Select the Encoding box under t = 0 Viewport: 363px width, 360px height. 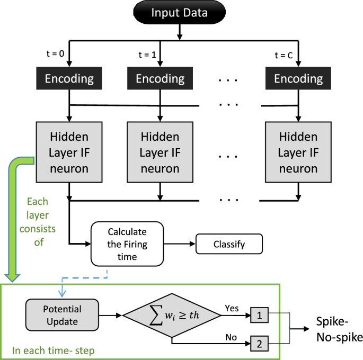coord(69,79)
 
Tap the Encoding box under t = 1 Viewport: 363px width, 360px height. coord(160,79)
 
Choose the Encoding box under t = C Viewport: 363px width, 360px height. coord(298,79)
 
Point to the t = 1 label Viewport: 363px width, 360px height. coord(147,54)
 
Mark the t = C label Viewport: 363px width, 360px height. coord(285,54)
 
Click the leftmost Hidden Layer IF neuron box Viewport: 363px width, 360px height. coord(69,152)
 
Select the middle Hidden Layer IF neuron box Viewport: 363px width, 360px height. coord(160,152)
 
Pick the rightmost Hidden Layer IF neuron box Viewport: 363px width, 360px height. coord(298,152)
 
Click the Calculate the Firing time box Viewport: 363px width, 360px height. coord(127,244)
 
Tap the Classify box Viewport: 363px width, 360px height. coord(229,245)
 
